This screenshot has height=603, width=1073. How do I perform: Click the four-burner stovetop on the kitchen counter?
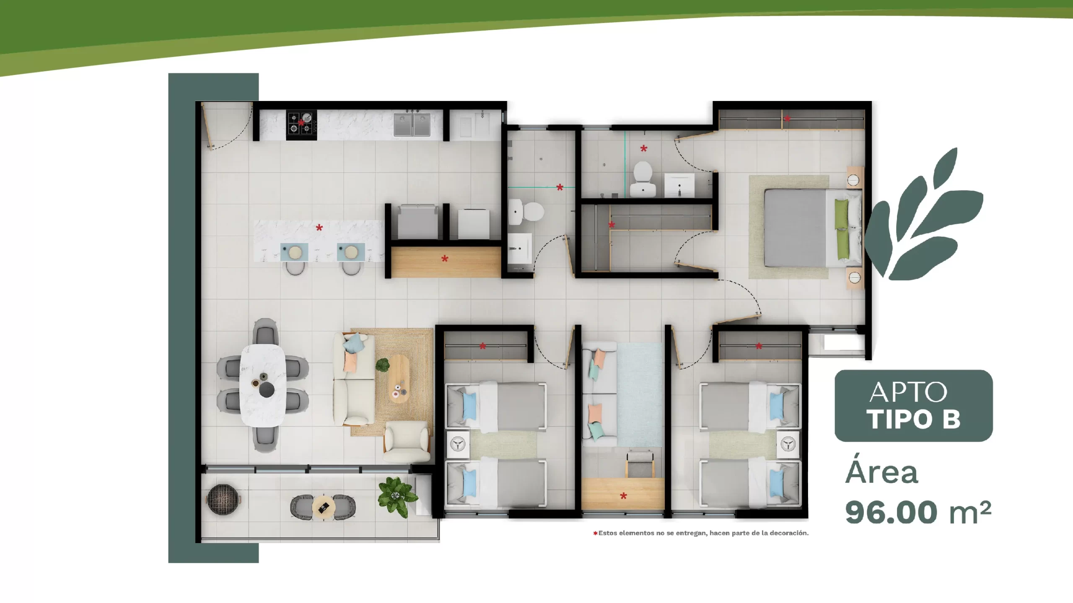tap(301, 125)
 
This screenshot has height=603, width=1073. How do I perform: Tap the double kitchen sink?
tap(412, 124)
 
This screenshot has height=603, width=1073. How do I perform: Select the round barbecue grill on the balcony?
tap(223, 499)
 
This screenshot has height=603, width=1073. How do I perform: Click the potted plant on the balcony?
tap(397, 497)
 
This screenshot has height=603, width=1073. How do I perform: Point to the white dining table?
tap(263, 385)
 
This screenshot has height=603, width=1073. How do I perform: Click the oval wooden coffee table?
tap(398, 379)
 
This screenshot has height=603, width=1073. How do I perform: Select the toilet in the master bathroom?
tap(644, 180)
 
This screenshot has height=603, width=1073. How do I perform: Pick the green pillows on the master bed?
tap(842, 229)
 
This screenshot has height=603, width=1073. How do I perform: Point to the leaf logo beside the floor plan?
tap(924, 215)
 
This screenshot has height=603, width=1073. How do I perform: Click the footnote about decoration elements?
tap(701, 533)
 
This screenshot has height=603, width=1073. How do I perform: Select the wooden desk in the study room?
tap(623, 494)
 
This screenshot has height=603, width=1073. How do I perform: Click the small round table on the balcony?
tap(323, 507)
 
